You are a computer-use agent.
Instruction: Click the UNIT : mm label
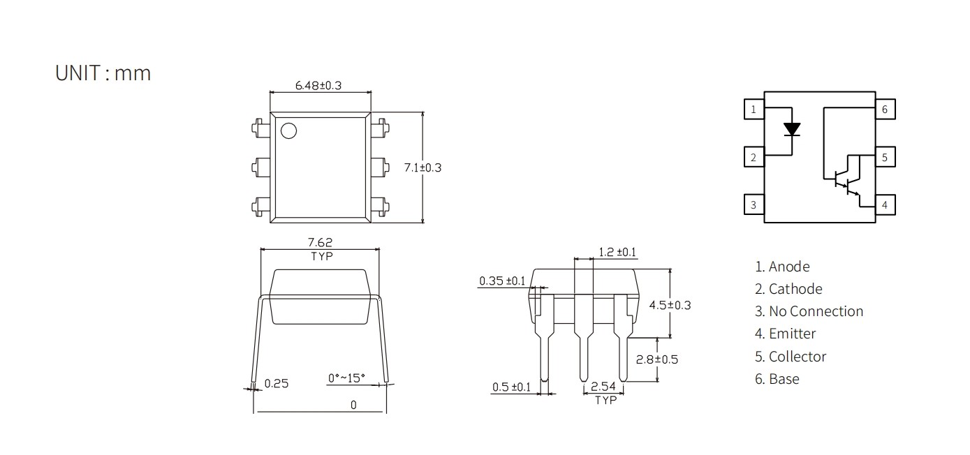(103, 73)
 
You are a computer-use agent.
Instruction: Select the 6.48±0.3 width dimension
(318, 85)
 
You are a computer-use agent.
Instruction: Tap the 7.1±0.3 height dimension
(422, 167)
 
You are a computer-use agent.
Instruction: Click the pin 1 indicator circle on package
(289, 130)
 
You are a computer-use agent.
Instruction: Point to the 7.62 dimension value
(320, 242)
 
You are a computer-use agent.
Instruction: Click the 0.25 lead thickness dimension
(277, 384)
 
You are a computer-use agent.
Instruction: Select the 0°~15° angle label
(346, 378)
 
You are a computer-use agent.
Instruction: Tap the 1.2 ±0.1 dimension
(617, 252)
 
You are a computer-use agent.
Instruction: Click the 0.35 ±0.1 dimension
(502, 281)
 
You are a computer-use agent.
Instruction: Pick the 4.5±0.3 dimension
(670, 305)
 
